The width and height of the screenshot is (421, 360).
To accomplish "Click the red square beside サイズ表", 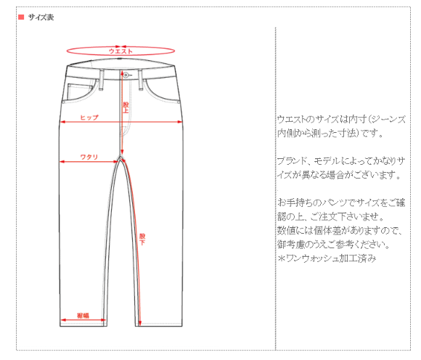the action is pos(21,17).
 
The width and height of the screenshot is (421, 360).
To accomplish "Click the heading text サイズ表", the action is pos(41,17).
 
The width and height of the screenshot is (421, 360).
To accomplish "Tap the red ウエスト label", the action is pos(120,52).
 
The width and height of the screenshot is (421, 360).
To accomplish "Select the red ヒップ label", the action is pos(89,118).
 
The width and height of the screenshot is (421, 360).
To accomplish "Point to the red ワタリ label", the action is pos(89,157).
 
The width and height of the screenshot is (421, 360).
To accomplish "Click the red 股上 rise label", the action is pos(126,107).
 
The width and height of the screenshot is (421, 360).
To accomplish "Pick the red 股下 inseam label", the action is pos(142,240).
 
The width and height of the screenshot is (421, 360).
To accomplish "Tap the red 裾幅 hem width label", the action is pos(83,316).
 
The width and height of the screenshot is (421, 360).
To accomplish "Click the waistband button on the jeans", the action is pos(126,75).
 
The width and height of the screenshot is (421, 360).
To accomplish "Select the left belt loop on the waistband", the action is pos(101,80).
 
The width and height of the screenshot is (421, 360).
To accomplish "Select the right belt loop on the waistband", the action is pos(140,80).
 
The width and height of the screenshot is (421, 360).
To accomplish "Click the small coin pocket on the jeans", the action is pos(79,93).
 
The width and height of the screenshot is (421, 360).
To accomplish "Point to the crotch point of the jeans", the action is pos(120,156).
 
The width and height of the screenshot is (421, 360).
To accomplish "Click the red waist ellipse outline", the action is pos(120,55).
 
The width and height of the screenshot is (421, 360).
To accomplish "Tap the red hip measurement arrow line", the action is pos(121,122).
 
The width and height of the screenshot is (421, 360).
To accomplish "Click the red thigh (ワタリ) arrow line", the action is pos(89,162).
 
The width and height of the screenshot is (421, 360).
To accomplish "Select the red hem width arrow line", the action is pos(83,320).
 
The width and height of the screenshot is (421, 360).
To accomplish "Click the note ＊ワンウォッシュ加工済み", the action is pos(327,258).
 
